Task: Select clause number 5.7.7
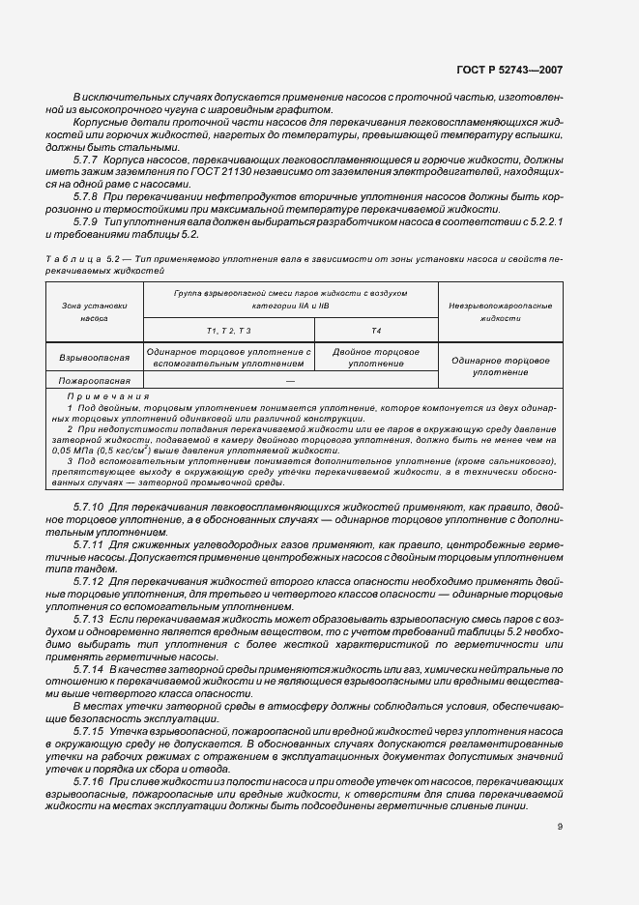[88, 157]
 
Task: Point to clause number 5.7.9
[88, 221]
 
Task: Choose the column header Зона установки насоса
[94, 310]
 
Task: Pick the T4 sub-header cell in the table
[376, 331]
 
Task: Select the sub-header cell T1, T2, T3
[228, 331]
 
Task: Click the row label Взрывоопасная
[94, 359]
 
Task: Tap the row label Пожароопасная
[94, 381]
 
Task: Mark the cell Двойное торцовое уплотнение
[376, 359]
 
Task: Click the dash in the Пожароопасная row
[290, 381]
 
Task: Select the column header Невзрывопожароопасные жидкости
[500, 310]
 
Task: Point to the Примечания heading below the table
[107, 396]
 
